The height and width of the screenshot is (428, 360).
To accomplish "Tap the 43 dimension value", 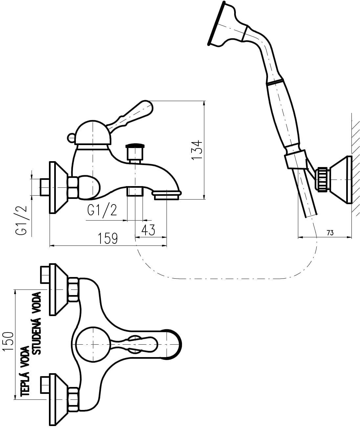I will pyautogui.click(x=148, y=230).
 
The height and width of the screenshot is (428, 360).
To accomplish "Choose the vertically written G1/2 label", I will pyautogui.click(x=21, y=222).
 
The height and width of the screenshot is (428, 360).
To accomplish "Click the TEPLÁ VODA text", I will pyautogui.click(x=25, y=372).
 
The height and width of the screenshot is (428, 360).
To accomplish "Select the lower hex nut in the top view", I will pyautogui.click(x=73, y=399).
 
